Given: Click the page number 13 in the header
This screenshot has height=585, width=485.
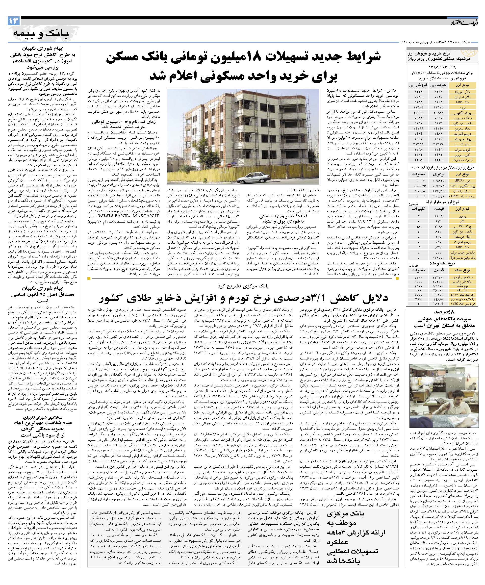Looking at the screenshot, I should pyautogui.click(x=14, y=21).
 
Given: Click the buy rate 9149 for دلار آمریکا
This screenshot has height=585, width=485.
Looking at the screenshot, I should pyautogui.click(x=440, y=91).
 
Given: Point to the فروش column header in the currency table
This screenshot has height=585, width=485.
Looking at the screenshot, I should pyautogui.click(x=416, y=85).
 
